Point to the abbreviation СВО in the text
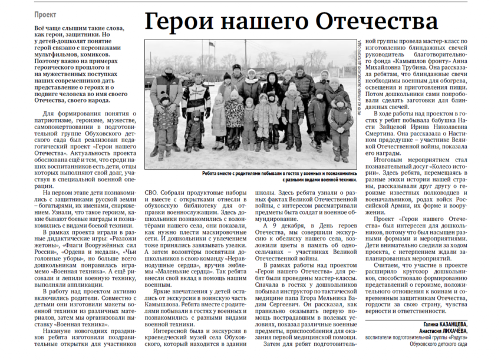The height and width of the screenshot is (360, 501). [x=151, y=192]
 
